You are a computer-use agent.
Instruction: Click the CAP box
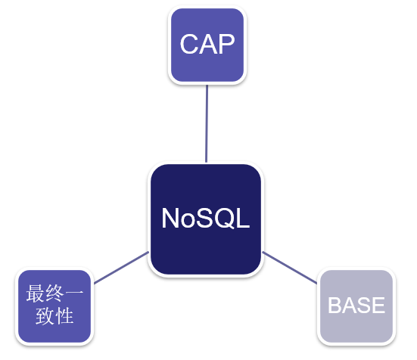click(x=207, y=45)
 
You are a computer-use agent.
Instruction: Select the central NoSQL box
click(x=206, y=219)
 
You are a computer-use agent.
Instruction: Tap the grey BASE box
click(x=356, y=306)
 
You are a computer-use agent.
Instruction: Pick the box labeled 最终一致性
click(x=54, y=306)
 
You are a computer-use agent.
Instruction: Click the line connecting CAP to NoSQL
click(x=207, y=123)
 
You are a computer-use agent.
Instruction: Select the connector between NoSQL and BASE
click(x=290, y=268)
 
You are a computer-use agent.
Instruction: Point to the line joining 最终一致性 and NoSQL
click(x=121, y=268)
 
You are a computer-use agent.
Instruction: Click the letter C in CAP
click(x=189, y=45)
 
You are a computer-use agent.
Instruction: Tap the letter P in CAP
click(x=226, y=45)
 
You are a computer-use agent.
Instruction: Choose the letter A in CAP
click(x=207, y=45)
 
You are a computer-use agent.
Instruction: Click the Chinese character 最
click(x=36, y=293)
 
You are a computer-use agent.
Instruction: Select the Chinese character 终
click(x=54, y=293)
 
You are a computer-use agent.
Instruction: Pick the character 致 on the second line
click(x=45, y=315)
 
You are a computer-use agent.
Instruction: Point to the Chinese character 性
click(x=64, y=315)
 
